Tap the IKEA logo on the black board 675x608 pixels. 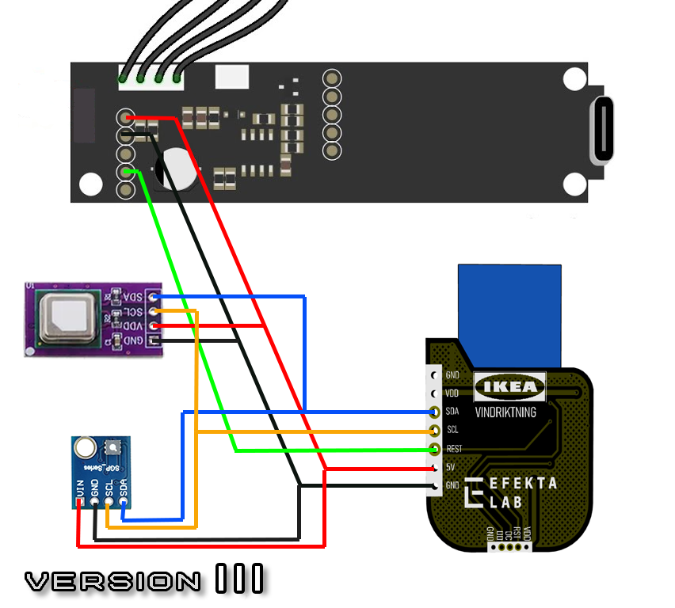click(x=510, y=387)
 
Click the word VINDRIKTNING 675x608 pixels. click(x=505, y=412)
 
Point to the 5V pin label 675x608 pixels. click(x=451, y=467)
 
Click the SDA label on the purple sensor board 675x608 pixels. click(x=132, y=297)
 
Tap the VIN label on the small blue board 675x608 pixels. click(x=80, y=490)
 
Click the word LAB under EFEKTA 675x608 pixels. click(x=506, y=502)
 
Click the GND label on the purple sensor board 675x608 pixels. click(x=132, y=340)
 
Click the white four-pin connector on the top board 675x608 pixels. click(x=151, y=76)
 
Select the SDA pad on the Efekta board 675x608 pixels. click(x=434, y=412)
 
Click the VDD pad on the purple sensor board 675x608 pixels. click(x=154, y=326)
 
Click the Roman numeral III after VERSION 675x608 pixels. click(x=239, y=580)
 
